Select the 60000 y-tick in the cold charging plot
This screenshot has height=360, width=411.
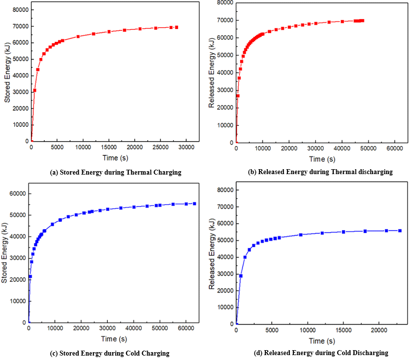tap(15, 193)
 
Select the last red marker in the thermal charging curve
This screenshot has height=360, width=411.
tap(176, 28)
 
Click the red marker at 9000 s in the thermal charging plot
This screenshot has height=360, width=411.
tap(78, 36)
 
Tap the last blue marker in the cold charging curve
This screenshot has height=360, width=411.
tap(194, 204)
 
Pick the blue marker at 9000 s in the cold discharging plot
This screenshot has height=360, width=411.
tap(300, 235)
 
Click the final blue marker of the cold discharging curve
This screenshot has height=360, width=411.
tap(400, 231)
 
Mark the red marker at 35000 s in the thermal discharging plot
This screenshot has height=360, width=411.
tap(329, 22)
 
